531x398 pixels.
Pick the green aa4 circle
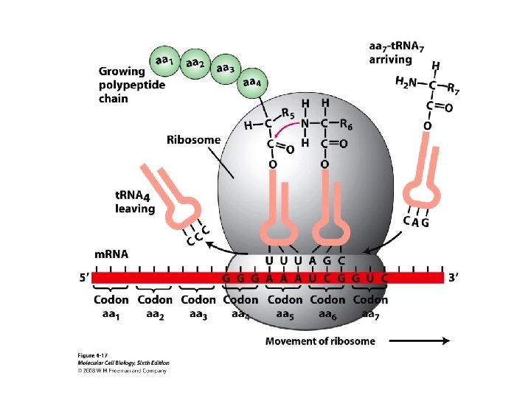pos(251,84)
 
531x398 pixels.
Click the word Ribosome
pos(192,139)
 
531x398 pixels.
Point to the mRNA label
pos(111,254)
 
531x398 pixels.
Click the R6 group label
pos(345,125)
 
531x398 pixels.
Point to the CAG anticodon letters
pos(416,221)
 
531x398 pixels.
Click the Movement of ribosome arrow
pos(417,341)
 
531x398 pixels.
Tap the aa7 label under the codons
pos(371,314)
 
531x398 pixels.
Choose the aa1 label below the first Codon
pos(111,314)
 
